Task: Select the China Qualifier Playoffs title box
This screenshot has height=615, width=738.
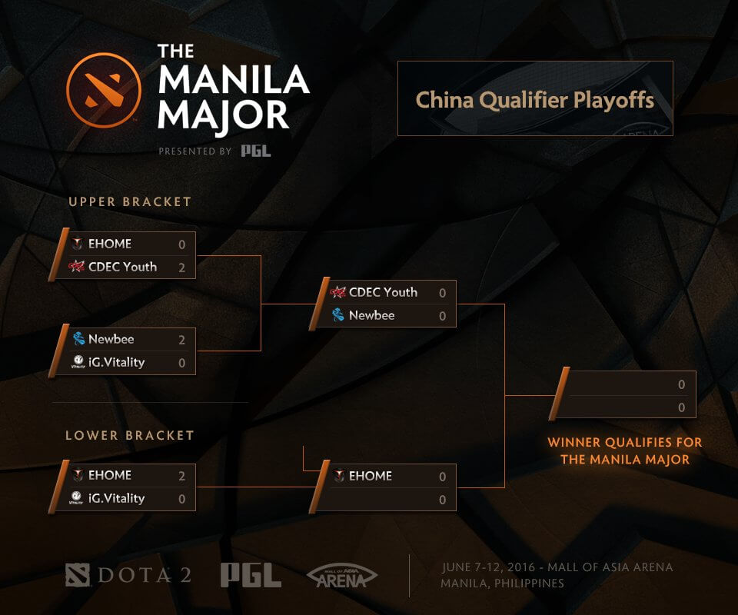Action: point(535,99)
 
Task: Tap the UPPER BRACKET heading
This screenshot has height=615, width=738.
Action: point(130,202)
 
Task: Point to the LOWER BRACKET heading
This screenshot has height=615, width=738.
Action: point(130,435)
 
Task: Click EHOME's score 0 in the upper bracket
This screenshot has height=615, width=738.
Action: point(182,244)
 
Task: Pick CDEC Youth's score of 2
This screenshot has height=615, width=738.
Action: point(182,268)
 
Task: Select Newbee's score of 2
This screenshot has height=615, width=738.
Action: point(182,339)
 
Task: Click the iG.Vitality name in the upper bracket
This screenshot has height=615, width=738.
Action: point(116,362)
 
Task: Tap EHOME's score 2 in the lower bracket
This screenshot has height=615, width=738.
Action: point(182,476)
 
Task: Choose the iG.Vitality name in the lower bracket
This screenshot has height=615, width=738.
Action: point(116,498)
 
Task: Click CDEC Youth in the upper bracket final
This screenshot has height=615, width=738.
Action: point(383,292)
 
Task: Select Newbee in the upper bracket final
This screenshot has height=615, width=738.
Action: point(371,315)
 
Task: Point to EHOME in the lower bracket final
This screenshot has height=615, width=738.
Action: point(371,476)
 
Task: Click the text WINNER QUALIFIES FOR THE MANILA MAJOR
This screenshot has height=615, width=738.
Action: point(624,451)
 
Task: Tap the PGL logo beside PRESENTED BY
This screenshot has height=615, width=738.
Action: point(255,151)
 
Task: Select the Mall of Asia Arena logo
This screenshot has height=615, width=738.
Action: point(341,576)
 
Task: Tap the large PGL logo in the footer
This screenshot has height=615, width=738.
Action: point(251,575)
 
